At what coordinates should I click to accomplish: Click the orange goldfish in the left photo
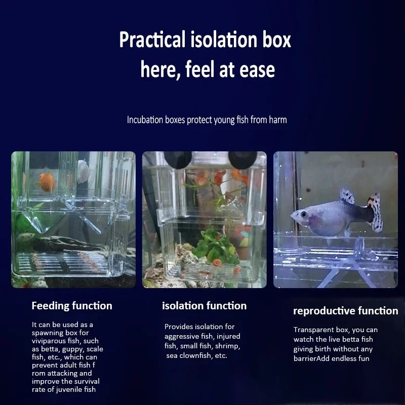click(47, 182)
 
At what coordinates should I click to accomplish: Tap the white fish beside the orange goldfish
click(83, 172)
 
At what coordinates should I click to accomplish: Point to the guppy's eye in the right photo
click(303, 215)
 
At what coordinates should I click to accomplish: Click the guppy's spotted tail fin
click(375, 212)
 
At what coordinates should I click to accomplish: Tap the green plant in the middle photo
click(213, 246)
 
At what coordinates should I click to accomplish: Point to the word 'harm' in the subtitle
click(277, 120)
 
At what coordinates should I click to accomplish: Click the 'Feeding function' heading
click(72, 306)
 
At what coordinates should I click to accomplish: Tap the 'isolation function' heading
click(204, 306)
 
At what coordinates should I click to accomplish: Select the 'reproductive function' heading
click(346, 311)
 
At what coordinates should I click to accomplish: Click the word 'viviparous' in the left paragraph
click(48, 341)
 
